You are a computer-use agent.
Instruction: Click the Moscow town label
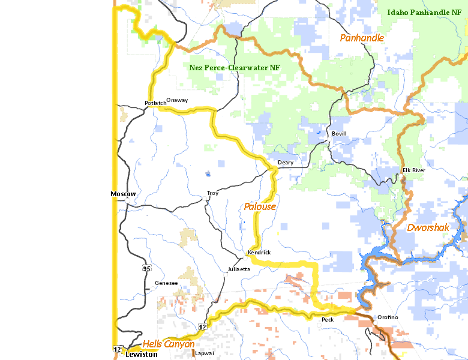point(124,194)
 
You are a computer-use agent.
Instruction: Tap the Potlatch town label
point(155,103)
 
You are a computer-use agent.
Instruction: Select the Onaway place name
point(177,100)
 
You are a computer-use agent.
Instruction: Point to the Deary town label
point(286,163)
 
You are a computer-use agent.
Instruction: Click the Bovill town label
point(339,133)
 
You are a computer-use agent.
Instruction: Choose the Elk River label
point(413,170)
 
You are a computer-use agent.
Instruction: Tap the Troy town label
point(212,193)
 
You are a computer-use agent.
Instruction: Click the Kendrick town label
point(259,253)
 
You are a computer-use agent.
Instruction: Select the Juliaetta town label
point(238,269)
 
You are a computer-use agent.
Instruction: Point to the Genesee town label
point(166,283)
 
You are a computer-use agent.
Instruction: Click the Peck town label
point(328,320)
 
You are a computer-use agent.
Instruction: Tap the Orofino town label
point(388,317)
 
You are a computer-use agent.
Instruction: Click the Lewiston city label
point(141,355)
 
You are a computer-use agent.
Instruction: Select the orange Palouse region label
point(260,206)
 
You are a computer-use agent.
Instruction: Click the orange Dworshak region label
point(428,227)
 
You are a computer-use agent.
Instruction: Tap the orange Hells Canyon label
point(169,344)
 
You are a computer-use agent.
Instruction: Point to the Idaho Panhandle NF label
point(424,12)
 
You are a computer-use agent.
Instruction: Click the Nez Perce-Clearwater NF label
point(235,68)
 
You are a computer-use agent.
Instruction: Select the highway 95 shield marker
point(146,268)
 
